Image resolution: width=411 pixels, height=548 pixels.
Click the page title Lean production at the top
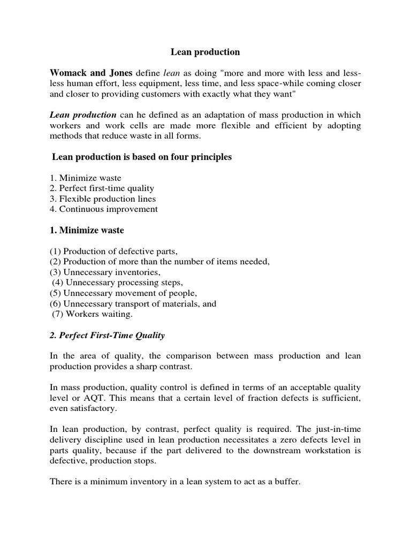coord(205,52)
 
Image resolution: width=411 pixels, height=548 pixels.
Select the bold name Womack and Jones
coord(91,73)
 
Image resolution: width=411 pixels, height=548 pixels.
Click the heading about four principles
coord(142,157)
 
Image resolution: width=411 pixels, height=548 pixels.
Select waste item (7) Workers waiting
coord(93,314)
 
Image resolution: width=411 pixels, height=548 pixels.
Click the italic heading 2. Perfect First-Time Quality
coord(108,336)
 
